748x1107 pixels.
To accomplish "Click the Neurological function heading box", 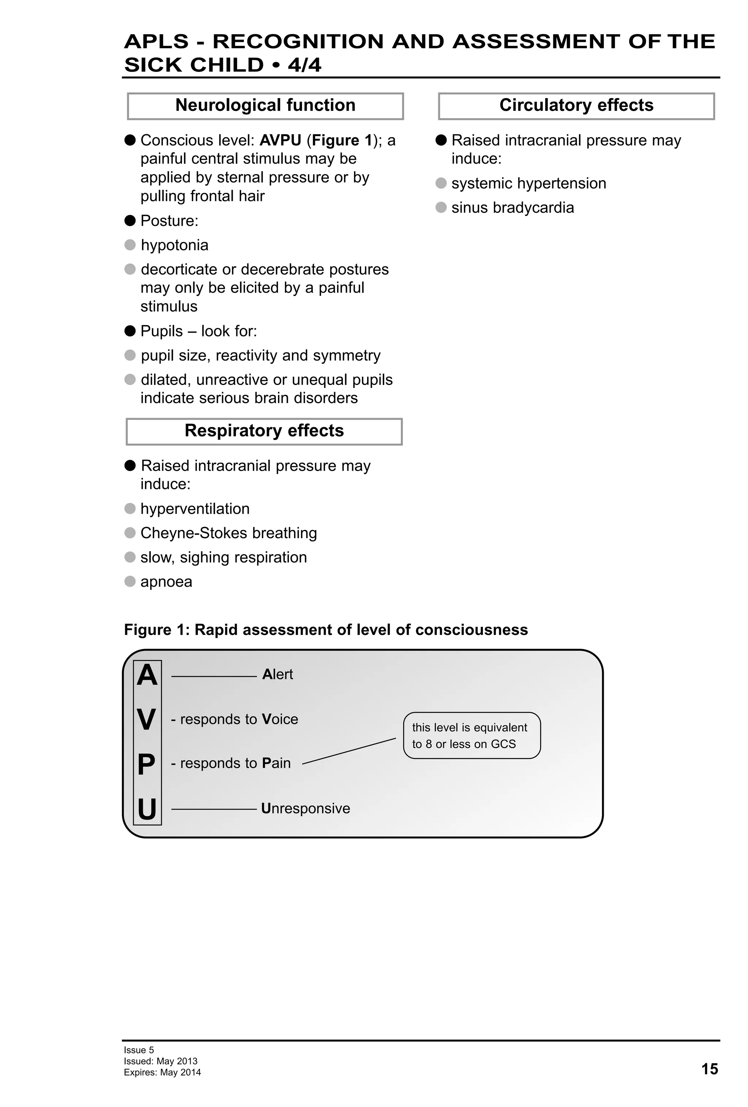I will click(265, 106).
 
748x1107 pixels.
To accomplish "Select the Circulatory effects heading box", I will click(576, 106).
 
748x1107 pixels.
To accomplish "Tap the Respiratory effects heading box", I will click(264, 431).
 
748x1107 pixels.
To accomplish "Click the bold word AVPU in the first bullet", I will click(280, 140).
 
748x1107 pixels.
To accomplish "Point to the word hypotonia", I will click(175, 245).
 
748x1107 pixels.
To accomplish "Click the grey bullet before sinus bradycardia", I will click(441, 207).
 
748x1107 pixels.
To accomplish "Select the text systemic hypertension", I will click(528, 184).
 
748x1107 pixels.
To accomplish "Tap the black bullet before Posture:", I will click(130, 220).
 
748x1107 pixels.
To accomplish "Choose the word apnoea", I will click(166, 582).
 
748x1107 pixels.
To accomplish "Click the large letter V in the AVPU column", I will click(147, 719).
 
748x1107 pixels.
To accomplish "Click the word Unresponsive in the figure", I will click(306, 808).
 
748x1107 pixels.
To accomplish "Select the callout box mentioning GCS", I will click(472, 736).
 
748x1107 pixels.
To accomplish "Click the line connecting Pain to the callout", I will click(349, 751).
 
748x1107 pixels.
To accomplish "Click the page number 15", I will click(709, 1069).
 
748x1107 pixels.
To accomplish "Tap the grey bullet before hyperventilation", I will click(130, 509).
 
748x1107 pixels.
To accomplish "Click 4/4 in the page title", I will click(304, 65).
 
